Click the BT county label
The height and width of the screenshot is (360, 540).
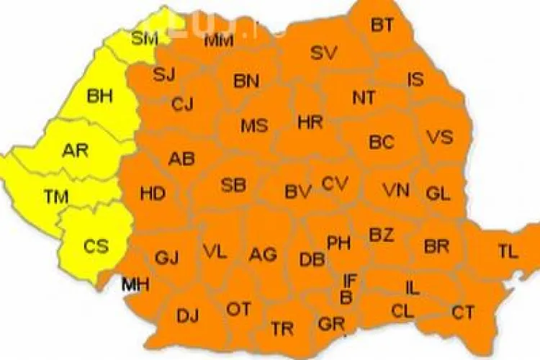382,26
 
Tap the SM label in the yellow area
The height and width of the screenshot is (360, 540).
145,39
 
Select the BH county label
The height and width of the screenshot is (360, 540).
99,96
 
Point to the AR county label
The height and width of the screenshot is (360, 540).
75,150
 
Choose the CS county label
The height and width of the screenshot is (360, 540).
96,246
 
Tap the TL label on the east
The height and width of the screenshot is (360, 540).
508,251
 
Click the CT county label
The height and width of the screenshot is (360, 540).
463,312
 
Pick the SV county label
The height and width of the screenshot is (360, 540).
324,53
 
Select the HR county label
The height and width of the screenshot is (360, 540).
310,122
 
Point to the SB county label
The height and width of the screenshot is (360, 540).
233,185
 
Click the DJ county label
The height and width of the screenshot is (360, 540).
187,315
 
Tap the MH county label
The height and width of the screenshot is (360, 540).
135,284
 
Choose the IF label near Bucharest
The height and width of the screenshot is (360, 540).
350,279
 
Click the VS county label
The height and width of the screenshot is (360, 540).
439,137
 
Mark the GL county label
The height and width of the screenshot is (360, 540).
438,193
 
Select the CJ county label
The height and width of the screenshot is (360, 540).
182,104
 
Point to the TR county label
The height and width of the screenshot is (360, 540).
282,329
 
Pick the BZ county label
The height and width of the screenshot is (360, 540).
382,234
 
